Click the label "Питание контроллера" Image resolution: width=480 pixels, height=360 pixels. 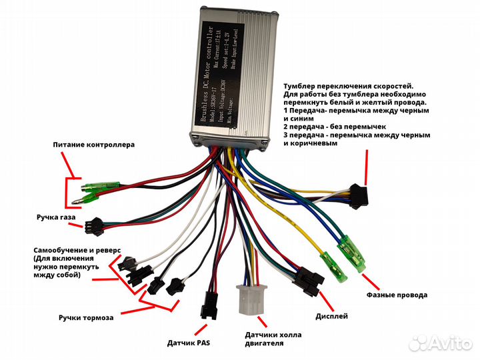point(94,145)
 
